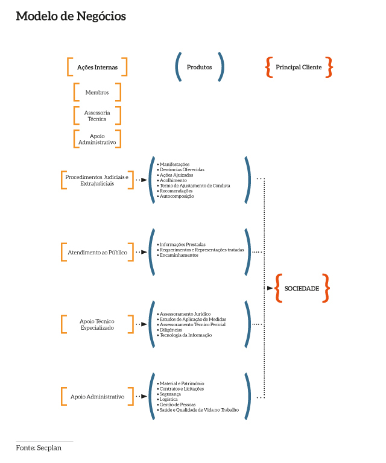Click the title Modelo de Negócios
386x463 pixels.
click(x=71, y=16)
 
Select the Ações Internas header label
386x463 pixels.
click(x=97, y=68)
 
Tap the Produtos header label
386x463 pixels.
click(x=200, y=68)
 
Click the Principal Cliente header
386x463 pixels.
click(x=299, y=68)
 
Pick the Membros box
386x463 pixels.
click(x=97, y=92)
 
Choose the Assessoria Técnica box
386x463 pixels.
click(x=97, y=116)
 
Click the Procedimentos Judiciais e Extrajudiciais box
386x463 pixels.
click(x=97, y=180)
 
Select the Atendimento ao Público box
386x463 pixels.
click(x=97, y=252)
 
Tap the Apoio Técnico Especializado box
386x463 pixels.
click(x=97, y=324)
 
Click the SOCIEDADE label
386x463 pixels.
click(x=302, y=289)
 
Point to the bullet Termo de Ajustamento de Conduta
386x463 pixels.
click(x=194, y=186)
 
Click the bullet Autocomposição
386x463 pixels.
click(x=177, y=197)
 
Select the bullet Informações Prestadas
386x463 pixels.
click(x=182, y=245)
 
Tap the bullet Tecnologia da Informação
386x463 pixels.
click(x=186, y=335)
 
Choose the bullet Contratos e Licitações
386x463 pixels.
click(x=182, y=389)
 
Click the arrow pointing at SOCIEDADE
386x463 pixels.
click(x=270, y=289)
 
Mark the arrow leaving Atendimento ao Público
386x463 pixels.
click(x=142, y=252)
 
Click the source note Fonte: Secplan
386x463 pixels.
click(x=39, y=448)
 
